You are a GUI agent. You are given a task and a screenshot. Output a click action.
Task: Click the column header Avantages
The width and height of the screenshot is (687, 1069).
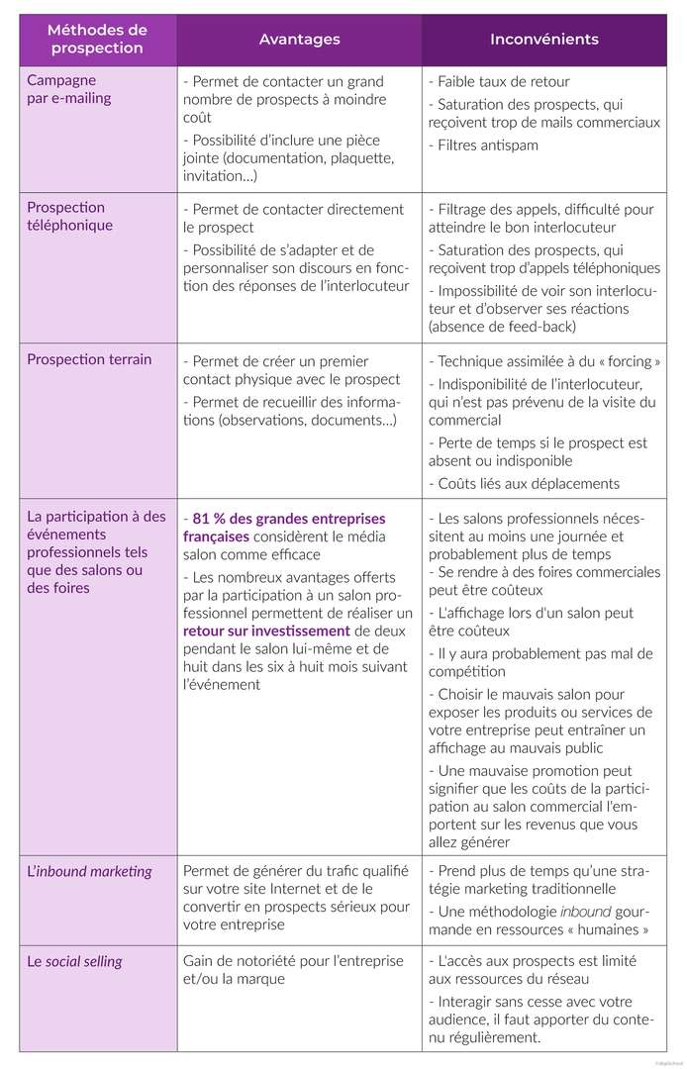(299, 40)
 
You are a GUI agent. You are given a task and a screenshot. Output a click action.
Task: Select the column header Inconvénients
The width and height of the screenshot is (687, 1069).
(543, 40)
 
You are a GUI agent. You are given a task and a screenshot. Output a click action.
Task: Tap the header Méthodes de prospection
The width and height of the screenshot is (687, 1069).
(97, 40)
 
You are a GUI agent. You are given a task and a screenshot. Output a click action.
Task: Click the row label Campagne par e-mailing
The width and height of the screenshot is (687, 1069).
(69, 89)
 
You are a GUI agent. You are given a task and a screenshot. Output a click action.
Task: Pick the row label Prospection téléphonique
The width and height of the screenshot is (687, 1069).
(70, 216)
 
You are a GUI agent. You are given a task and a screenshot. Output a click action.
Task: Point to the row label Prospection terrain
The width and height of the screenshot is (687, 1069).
(89, 358)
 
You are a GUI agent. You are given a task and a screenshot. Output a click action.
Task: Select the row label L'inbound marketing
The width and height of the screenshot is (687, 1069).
(90, 871)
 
